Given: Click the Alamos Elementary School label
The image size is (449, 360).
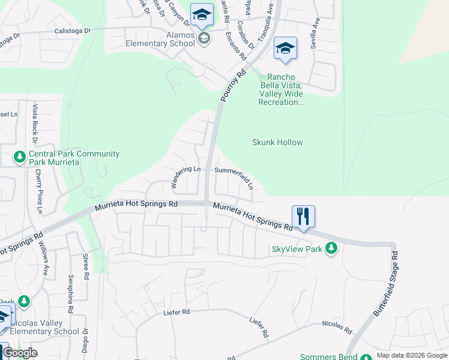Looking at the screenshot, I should [160, 39].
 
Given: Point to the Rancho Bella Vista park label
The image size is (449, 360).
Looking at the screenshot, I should [281, 89].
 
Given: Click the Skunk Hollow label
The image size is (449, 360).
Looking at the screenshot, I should [277, 142].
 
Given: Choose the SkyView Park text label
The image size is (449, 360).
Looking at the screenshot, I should [298, 249].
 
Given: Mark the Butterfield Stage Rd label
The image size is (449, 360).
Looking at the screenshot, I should [386, 284].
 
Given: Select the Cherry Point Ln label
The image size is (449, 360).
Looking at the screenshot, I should [40, 191].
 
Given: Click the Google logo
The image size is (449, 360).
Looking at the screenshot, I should [20, 353].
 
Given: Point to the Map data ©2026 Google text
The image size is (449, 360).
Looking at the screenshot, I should [412, 355].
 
